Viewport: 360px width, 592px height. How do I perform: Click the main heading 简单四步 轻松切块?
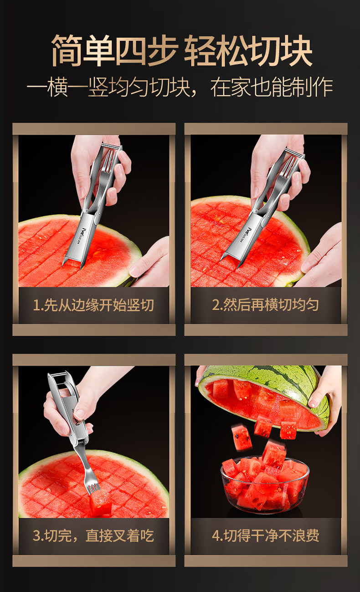point(182,51)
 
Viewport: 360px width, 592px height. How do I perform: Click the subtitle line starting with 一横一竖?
point(180,87)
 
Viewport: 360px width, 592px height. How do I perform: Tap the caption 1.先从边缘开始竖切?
point(93,305)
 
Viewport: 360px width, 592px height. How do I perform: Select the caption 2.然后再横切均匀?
point(265,305)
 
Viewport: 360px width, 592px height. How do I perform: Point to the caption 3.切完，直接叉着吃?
point(93,536)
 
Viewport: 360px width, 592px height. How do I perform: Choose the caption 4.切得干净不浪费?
point(266,536)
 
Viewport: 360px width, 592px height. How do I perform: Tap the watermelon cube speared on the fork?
point(101,504)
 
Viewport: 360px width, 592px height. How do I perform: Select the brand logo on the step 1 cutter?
point(79,233)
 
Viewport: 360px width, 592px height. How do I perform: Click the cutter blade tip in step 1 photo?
point(63,265)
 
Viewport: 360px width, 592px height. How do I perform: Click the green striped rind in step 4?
point(267,381)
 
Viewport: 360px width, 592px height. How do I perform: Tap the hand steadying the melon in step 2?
point(320,256)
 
